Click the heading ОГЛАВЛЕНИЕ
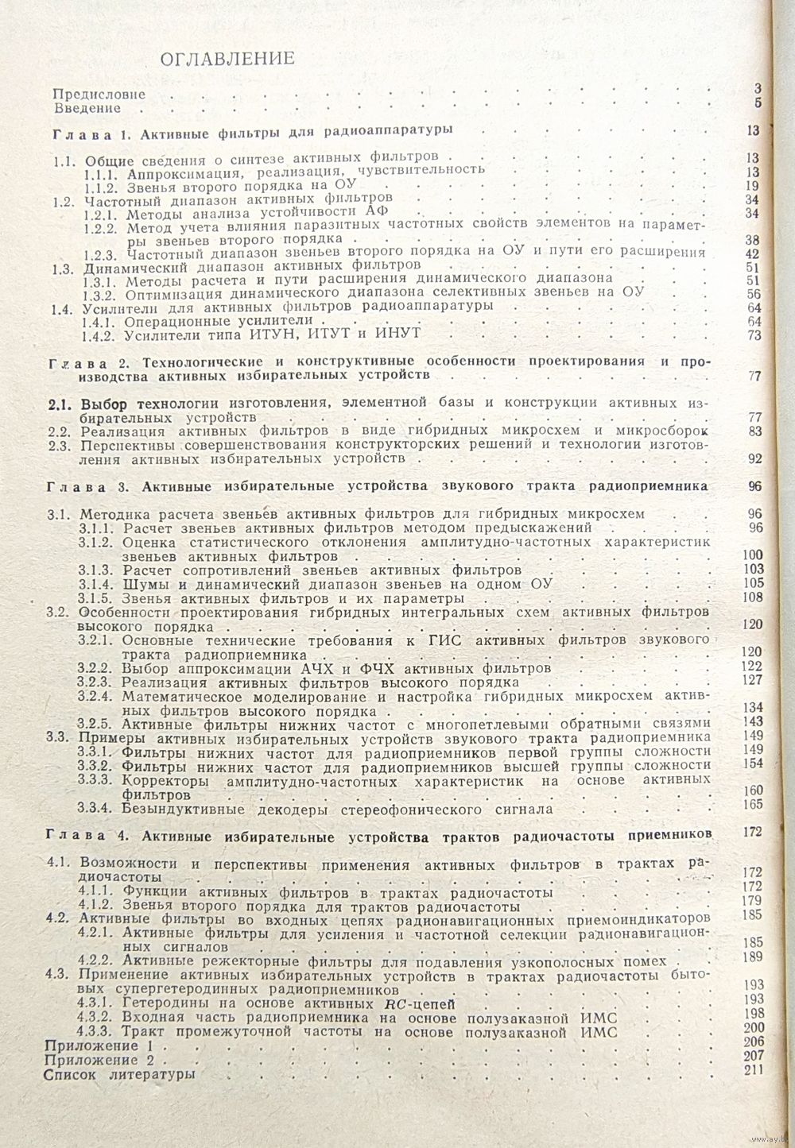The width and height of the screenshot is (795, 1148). [227, 58]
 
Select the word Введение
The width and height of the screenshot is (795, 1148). [87, 108]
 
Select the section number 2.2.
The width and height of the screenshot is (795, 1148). [60, 431]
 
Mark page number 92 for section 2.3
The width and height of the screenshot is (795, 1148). [754, 458]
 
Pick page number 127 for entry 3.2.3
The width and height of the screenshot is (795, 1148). [751, 680]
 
